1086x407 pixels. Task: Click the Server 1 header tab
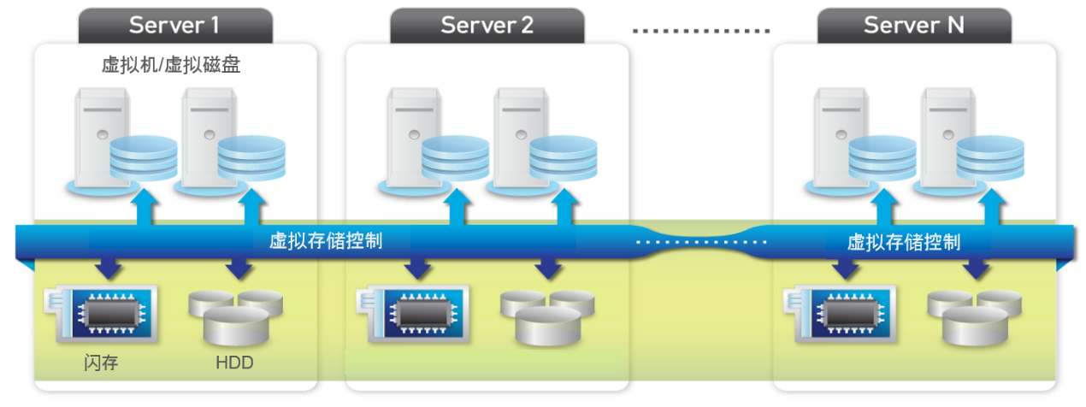[x=174, y=25]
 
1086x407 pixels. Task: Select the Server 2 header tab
[x=487, y=25]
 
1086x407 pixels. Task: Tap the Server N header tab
[x=914, y=25]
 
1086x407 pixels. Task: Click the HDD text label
[x=234, y=363]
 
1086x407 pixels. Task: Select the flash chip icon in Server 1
[x=104, y=314]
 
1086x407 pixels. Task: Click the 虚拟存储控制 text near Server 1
[x=326, y=241]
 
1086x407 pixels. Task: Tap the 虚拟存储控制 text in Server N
[x=904, y=242]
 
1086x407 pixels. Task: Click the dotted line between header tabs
[x=701, y=31]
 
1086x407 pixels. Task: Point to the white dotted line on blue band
[x=701, y=243]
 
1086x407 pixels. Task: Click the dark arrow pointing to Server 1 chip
[x=109, y=267]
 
